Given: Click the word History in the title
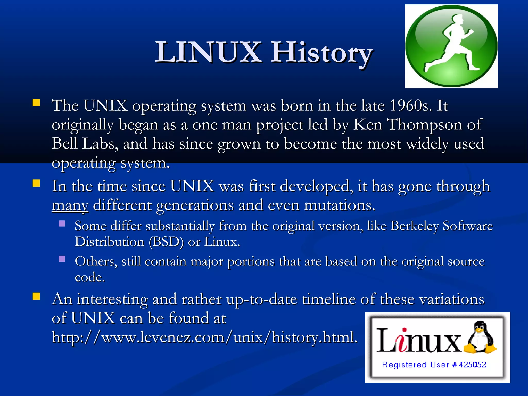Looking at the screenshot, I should coord(322,53).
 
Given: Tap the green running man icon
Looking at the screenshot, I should coord(451,46).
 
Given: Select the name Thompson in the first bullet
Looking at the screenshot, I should coord(425,125).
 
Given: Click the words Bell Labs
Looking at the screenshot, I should coord(83,144).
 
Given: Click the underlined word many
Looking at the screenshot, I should coord(70,205).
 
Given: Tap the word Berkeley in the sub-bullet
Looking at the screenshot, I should coord(414,226).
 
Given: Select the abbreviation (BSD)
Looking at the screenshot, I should coord(166,242).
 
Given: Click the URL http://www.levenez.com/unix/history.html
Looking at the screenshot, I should coord(204,337).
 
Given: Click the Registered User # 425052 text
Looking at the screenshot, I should coord(434,365).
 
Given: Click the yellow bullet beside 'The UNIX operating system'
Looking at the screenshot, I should coord(36,103).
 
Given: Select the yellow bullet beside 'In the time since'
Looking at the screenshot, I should coord(36,183).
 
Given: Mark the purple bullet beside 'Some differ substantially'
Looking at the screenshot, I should coord(62,223).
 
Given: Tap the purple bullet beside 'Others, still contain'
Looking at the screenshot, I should coord(62,259).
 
